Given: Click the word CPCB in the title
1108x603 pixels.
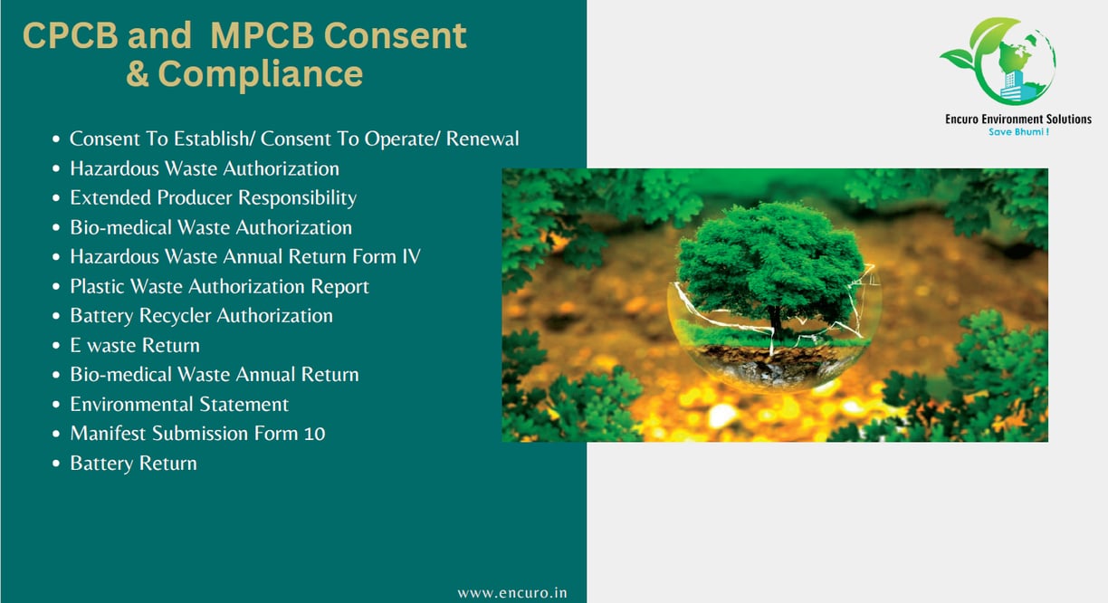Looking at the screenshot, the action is coord(71,35).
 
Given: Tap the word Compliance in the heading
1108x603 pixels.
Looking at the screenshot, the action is coord(260,74).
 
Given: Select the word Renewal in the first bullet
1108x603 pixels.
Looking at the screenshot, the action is coord(482,139).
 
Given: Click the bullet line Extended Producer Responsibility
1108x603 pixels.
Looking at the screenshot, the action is coord(214,198).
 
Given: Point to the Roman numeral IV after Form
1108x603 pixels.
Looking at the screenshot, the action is coord(411,257).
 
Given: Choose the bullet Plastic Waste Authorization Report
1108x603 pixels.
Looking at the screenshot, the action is coord(219,286).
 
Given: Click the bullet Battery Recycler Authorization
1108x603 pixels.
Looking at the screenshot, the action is coord(201,316).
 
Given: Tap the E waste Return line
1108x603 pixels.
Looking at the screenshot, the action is coord(135,345).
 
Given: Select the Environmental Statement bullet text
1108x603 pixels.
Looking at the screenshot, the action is coord(179,404).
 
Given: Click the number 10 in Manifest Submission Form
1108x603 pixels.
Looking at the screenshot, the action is coord(315,434).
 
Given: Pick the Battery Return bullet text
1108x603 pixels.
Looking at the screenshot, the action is coord(133,464).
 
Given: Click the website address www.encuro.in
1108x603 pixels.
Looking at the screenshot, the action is coord(512,593).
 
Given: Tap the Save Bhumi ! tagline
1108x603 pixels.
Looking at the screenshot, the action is coord(1018,132).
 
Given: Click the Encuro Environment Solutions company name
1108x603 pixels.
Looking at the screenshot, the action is coord(1018,120).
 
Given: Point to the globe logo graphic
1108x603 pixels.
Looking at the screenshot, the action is coord(999,61).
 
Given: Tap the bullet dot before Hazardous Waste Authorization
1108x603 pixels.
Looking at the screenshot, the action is coord(56,168).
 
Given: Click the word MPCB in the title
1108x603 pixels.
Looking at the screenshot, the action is coord(262,35).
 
